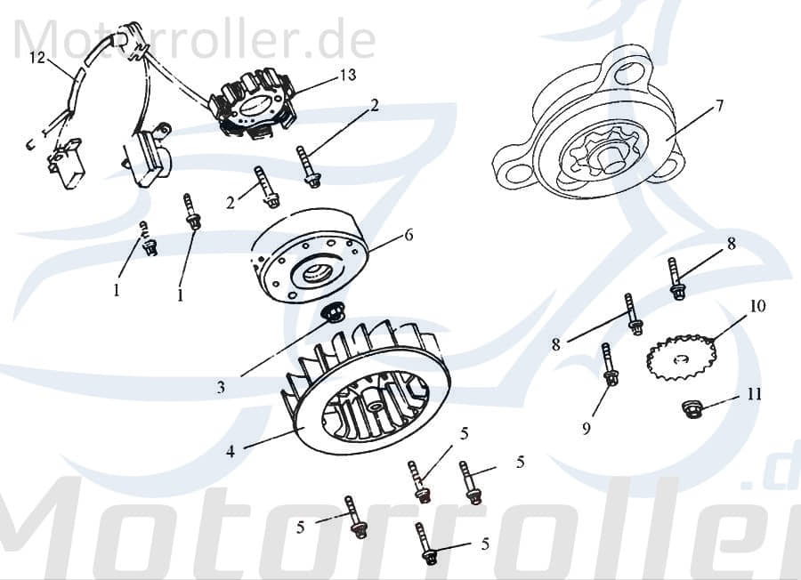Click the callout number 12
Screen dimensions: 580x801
[36, 59]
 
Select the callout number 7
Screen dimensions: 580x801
[718, 106]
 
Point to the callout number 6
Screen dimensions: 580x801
[409, 235]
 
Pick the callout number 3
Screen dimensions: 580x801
[221, 387]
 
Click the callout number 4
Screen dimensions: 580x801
[230, 451]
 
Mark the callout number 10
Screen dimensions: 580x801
[756, 306]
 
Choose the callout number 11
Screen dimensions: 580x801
[754, 394]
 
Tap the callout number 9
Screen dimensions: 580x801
[586, 429]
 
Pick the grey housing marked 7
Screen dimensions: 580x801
[592, 133]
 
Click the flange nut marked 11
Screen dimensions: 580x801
[691, 408]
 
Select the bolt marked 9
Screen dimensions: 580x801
[609, 366]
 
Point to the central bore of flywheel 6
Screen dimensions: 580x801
[317, 272]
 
